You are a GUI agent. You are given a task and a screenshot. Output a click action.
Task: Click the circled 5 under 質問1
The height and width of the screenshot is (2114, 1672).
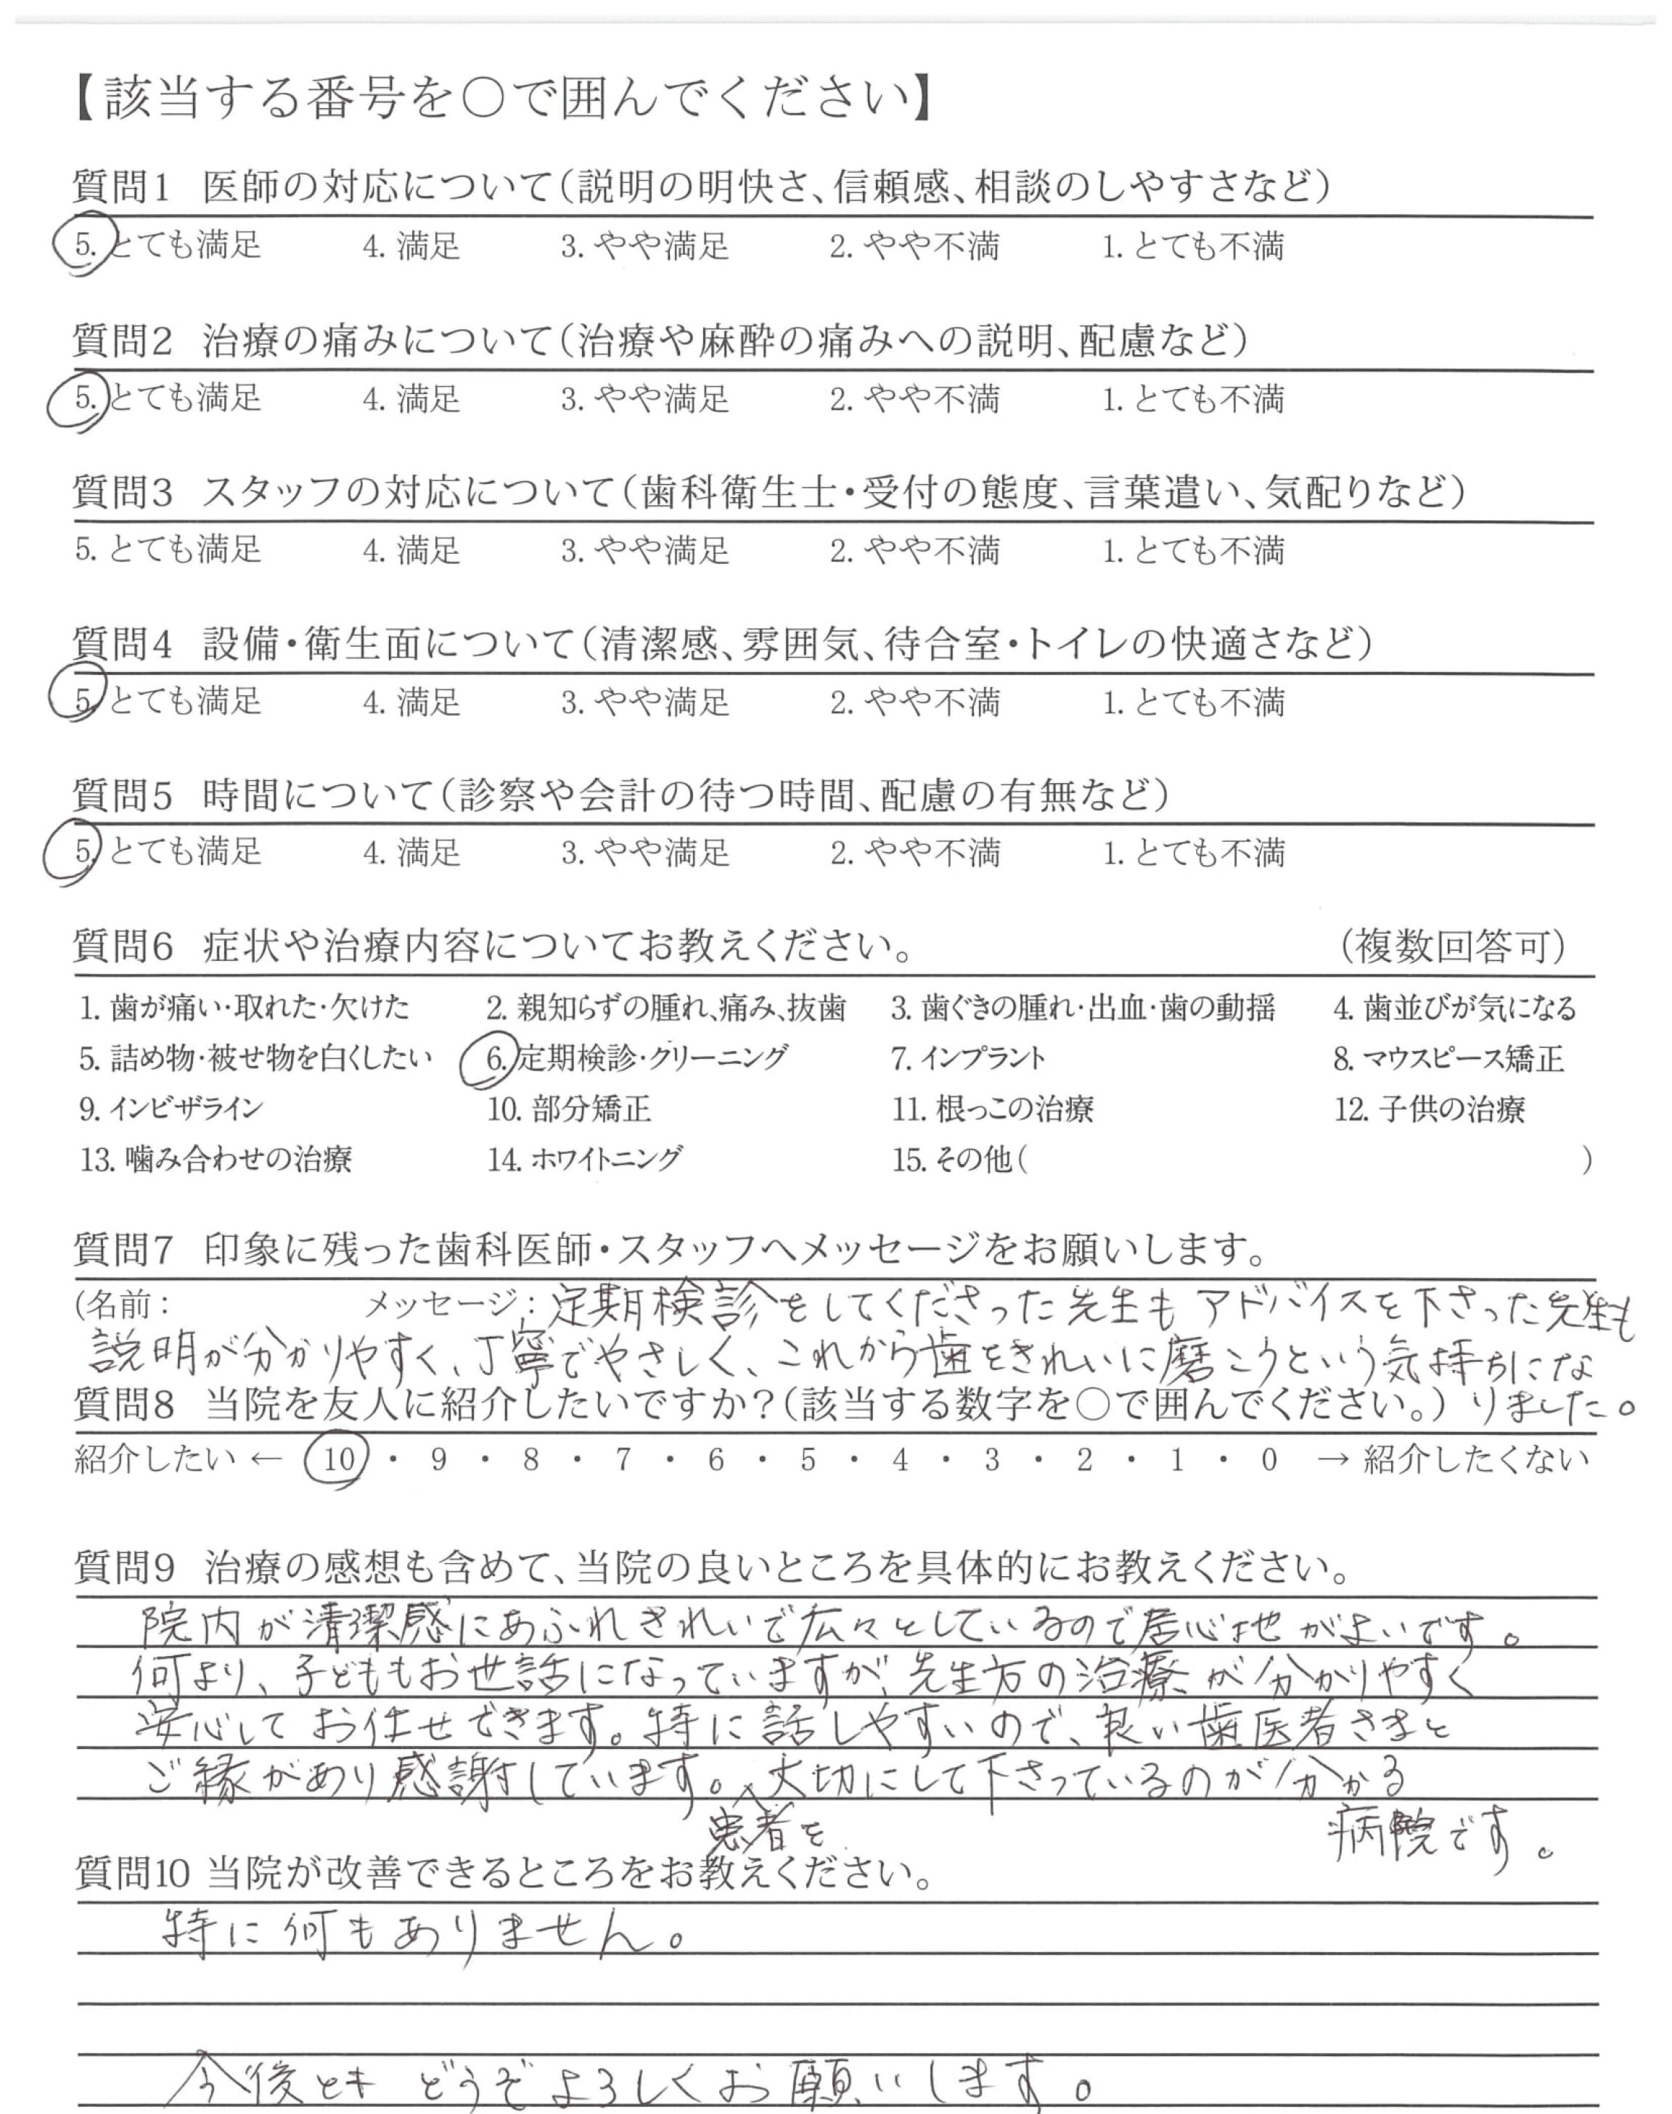pos(84,245)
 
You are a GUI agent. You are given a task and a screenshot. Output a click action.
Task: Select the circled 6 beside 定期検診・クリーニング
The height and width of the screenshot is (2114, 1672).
pos(496,1059)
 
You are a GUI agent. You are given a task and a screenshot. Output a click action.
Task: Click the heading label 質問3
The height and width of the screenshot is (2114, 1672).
pos(123,492)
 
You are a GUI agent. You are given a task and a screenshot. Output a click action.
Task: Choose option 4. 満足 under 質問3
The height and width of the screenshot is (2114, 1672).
pos(411,550)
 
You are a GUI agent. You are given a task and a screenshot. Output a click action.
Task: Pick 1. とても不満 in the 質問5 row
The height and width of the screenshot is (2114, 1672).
pos(1193,853)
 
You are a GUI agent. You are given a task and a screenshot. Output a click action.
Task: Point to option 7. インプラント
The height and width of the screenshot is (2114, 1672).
pos(968,1059)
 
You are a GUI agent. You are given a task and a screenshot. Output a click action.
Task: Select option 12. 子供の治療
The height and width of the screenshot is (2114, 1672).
pos(1429,1110)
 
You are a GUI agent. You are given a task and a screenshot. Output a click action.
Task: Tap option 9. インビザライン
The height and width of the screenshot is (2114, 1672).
pos(171,1110)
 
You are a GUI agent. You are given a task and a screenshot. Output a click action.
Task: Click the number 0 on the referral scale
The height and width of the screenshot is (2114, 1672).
pos(1269,1460)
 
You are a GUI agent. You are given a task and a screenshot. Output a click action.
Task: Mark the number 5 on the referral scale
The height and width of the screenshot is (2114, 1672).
pos(808,1460)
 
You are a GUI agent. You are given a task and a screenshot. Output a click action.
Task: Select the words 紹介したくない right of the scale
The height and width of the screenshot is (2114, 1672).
pos(1476,1460)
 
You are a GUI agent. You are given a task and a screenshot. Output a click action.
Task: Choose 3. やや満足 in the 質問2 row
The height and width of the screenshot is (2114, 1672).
pos(645,399)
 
